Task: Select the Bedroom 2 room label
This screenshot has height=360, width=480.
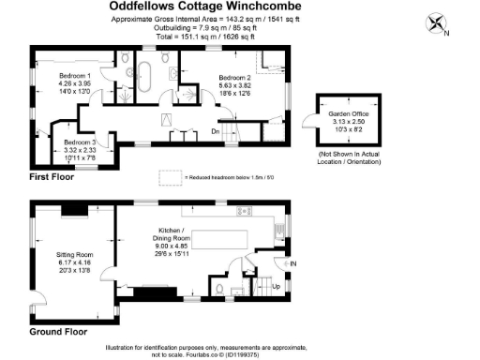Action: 234,78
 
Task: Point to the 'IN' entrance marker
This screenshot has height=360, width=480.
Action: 292,265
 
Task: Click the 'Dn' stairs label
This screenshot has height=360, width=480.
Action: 215,132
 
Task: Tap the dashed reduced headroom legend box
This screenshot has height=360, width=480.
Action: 171,175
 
